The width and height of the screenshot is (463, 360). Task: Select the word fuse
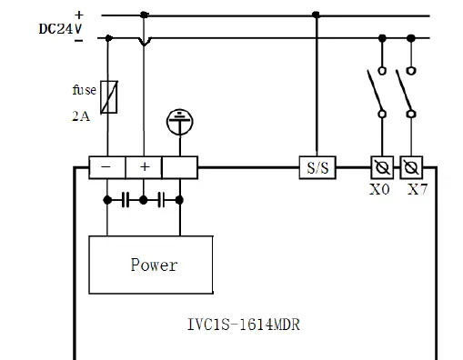[84, 90]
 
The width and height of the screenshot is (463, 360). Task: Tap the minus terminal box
[107, 167]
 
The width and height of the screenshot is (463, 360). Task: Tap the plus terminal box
[143, 167]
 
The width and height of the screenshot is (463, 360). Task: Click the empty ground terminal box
[179, 167]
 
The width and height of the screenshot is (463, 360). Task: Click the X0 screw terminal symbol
[381, 167]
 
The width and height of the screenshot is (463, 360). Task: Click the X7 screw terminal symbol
[411, 167]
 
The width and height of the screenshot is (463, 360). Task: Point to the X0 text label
[381, 190]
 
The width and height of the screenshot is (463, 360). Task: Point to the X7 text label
[418, 190]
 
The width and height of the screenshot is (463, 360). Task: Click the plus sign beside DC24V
[79, 14]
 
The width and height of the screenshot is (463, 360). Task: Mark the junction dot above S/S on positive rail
[316, 15]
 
